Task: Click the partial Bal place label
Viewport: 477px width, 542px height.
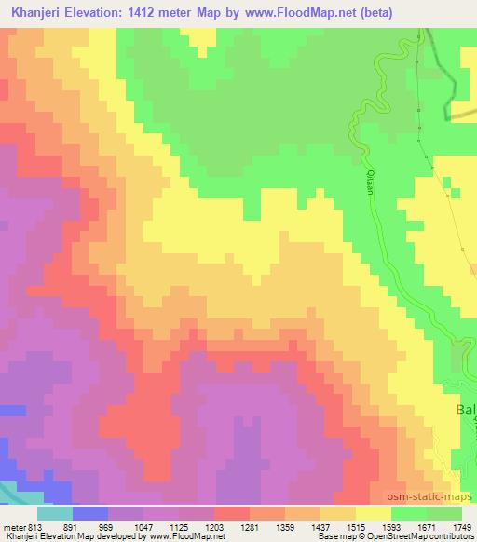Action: coord(465,411)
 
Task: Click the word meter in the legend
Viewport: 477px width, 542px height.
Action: coord(13,526)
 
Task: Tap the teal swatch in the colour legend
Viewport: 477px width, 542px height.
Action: coord(55,513)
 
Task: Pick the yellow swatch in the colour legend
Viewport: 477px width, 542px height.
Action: coord(373,513)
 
